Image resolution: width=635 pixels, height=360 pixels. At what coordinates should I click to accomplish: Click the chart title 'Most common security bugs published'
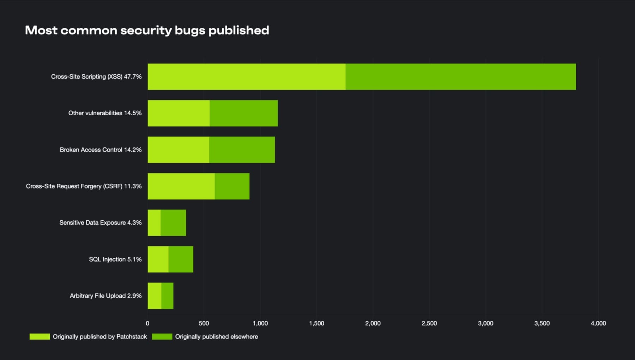click(147, 30)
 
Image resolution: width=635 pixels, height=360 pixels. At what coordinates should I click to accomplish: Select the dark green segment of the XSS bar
click(460, 77)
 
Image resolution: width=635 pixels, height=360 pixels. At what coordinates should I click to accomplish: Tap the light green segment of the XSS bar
click(246, 77)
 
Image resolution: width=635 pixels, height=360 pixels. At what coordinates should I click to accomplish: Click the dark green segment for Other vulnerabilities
click(243, 113)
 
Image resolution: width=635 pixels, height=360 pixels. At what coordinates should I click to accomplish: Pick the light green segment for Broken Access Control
click(178, 150)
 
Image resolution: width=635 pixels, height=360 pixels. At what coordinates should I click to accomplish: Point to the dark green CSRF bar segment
click(232, 186)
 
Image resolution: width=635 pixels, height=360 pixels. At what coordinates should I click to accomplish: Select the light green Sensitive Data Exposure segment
click(154, 223)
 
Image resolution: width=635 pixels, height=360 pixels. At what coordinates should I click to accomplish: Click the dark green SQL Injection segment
click(181, 259)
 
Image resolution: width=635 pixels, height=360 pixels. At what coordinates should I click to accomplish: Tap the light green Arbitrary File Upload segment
click(155, 296)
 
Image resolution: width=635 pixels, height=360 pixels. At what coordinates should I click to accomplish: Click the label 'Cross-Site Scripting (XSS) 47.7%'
click(96, 77)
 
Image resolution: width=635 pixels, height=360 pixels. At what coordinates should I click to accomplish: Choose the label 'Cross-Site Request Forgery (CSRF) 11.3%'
click(84, 186)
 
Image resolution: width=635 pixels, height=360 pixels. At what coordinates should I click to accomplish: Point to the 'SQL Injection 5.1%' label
click(115, 260)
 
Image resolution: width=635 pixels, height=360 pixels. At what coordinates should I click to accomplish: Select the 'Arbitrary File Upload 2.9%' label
click(105, 296)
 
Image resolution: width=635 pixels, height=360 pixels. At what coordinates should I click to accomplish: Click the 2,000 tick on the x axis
click(373, 323)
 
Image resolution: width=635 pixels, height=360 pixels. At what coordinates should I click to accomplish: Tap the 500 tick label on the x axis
click(204, 323)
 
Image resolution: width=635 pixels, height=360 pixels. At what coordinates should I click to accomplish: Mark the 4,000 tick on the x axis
click(598, 323)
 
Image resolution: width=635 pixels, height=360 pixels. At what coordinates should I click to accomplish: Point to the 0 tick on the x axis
click(147, 323)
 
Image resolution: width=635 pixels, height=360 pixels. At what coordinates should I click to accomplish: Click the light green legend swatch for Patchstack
click(40, 337)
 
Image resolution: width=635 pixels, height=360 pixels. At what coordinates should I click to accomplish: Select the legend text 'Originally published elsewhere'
click(216, 337)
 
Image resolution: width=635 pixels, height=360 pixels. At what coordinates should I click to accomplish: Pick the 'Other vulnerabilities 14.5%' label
click(105, 113)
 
